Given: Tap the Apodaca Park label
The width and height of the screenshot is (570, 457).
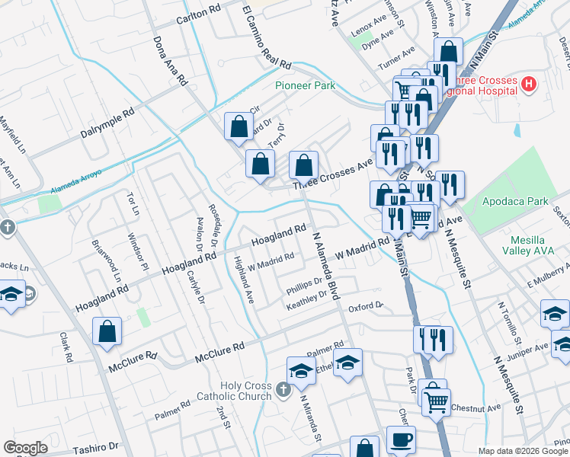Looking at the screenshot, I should click(x=516, y=202).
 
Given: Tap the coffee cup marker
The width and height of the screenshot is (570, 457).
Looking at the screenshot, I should click(x=401, y=439).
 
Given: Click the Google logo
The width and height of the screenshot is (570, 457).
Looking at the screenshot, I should click(x=25, y=448).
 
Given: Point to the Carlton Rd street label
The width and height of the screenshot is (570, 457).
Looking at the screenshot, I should click(x=198, y=18).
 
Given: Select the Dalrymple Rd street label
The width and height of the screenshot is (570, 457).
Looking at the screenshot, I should click(x=107, y=122).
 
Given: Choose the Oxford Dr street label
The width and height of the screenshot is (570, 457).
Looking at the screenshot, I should click(x=365, y=307).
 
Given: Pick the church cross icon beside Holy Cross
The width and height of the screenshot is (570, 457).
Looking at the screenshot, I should click(x=283, y=391).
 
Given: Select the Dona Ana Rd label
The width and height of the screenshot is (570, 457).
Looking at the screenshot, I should click(x=170, y=59).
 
